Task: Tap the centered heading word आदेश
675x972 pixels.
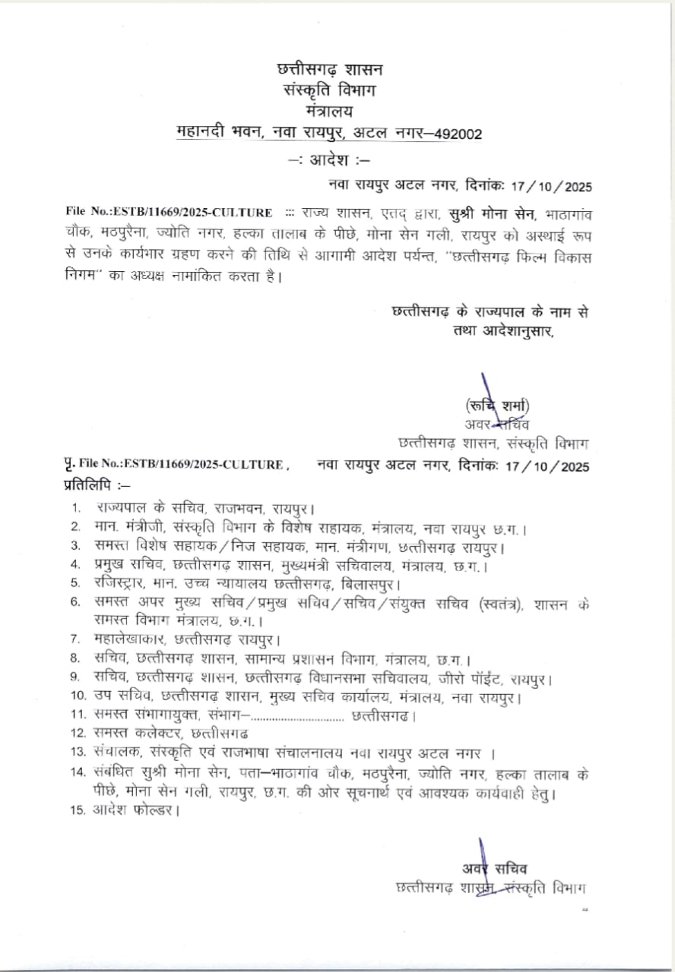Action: pos(331,161)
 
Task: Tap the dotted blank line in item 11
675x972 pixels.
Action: pos(298,715)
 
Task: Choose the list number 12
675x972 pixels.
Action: pos(76,734)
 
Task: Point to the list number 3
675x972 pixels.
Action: pos(76,545)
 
